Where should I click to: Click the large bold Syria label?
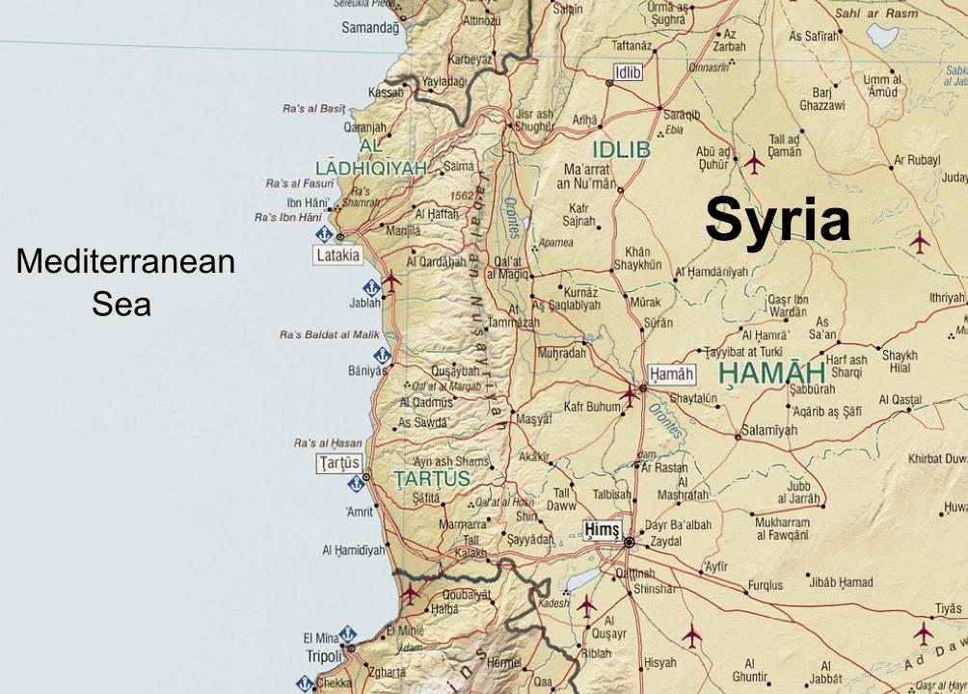777,221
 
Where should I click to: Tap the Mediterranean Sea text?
125,282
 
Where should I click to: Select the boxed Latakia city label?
337,255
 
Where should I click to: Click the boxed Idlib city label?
628,71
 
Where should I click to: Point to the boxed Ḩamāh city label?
671,374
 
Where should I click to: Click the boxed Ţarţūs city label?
338,464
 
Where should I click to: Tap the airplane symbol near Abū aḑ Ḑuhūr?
753,163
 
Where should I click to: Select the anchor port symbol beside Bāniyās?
383,356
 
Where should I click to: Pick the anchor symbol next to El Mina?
348,633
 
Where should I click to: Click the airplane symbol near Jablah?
390,281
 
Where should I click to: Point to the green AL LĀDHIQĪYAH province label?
371,158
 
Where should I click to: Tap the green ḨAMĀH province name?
771,373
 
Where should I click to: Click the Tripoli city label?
324,656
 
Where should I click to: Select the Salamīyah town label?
769,430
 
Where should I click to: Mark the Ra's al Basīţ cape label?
312,109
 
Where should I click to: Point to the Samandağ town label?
369,28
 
